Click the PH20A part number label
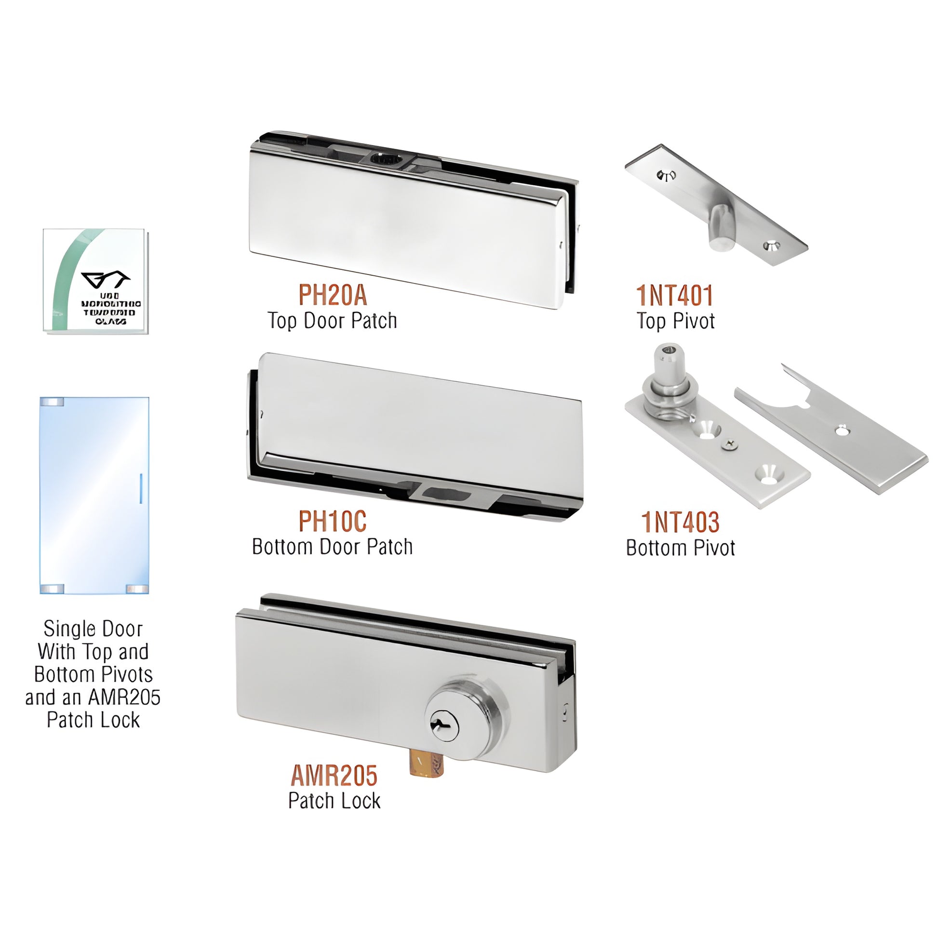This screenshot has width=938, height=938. (333, 295)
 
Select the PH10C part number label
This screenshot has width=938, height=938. (333, 522)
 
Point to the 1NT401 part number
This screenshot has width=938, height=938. (675, 295)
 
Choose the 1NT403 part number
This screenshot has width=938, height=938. (680, 523)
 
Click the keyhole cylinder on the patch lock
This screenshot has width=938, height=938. (442, 726)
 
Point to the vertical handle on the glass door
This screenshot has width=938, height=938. (141, 488)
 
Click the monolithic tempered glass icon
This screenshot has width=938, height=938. (95, 281)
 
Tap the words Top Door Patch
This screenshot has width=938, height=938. (333, 321)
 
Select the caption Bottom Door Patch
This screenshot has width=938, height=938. (333, 547)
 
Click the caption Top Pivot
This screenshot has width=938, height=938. (675, 321)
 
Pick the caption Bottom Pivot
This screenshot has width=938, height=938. (680, 548)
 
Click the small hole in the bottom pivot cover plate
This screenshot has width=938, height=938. (840, 429)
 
